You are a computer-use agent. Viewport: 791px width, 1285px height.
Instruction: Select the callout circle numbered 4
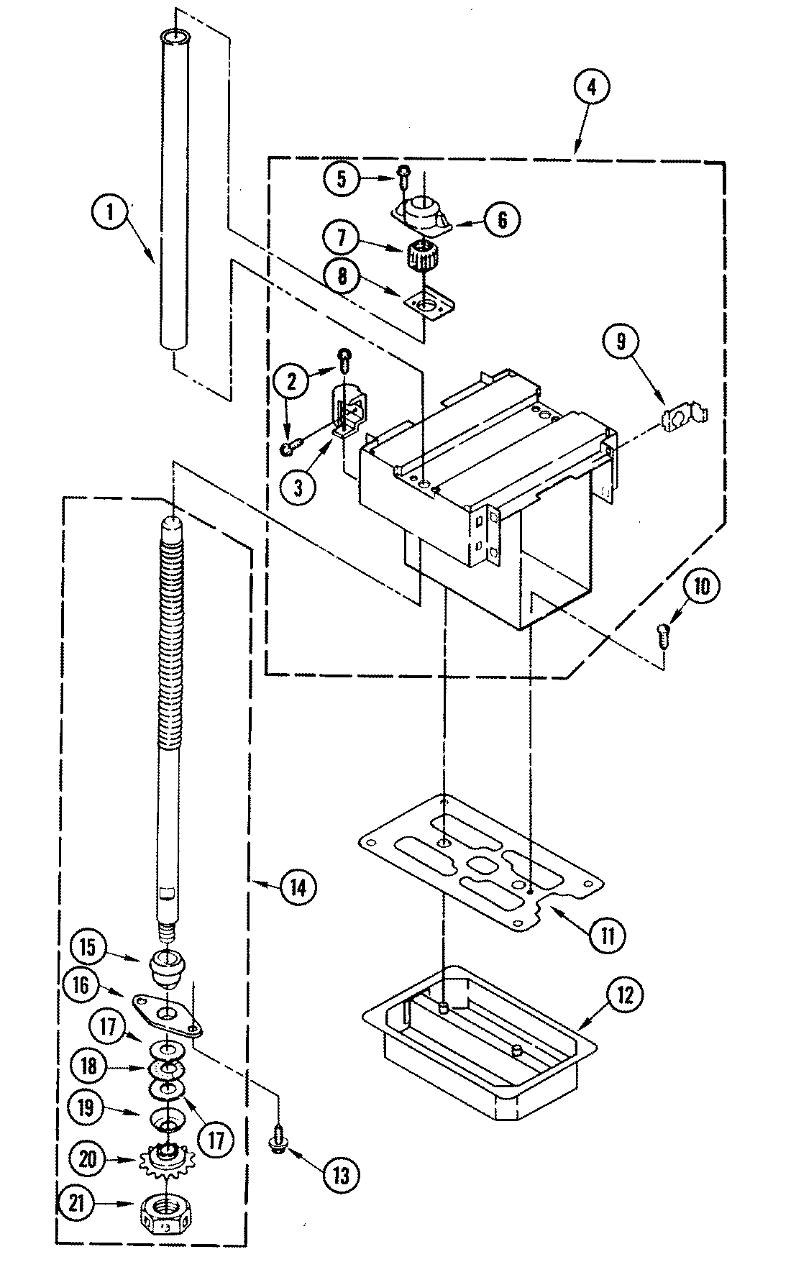coord(591,87)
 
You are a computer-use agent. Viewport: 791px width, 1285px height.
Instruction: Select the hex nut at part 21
coord(167,1215)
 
